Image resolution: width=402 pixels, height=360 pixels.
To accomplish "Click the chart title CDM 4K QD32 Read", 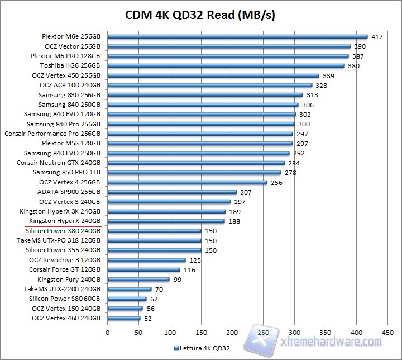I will tap(200, 14).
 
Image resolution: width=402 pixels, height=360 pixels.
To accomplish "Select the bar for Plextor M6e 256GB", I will tap(237, 37).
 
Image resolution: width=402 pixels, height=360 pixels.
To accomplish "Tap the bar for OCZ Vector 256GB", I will tap(229, 46).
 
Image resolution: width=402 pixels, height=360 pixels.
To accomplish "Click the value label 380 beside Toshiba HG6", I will tap(353, 65).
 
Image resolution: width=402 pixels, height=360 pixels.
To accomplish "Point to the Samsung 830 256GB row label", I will tap(69, 95).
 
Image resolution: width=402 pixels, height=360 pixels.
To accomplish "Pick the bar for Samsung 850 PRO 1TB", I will tap(194, 172).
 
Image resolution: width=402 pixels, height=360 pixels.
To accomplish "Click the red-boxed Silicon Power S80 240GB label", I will tap(63, 230).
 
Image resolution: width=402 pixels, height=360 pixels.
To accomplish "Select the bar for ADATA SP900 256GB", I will tap(172, 192).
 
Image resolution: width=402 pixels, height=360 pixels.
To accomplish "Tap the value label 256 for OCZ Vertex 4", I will tap(277, 182).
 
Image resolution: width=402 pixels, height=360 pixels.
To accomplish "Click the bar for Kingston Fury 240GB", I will tap(138, 279).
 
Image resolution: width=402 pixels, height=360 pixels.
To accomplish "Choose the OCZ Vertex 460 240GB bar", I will tap(123, 318).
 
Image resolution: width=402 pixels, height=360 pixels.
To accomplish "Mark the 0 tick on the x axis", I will tap(107, 332).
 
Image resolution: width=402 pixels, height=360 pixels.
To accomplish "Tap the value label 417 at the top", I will tap(377, 37).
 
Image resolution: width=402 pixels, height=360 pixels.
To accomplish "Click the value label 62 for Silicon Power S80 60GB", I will tap(155, 299).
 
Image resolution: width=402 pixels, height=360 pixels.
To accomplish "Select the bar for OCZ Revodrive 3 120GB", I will tap(146, 259).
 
